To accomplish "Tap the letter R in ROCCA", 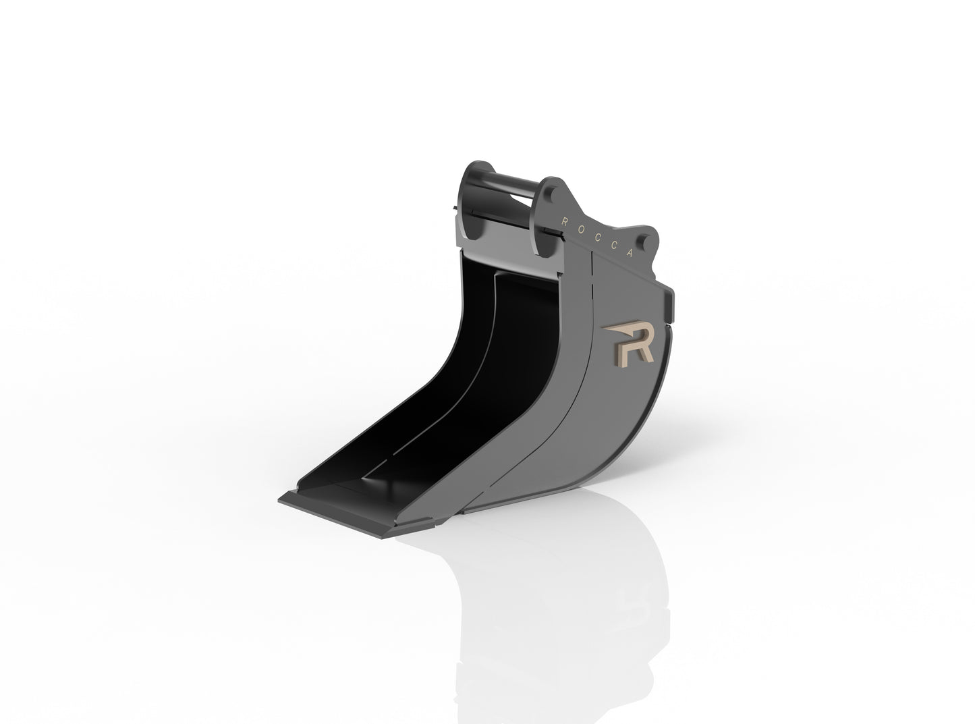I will [565, 220].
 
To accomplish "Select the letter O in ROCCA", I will [580, 228].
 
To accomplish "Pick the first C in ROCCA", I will [596, 236].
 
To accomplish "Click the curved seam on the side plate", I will [574, 405].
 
